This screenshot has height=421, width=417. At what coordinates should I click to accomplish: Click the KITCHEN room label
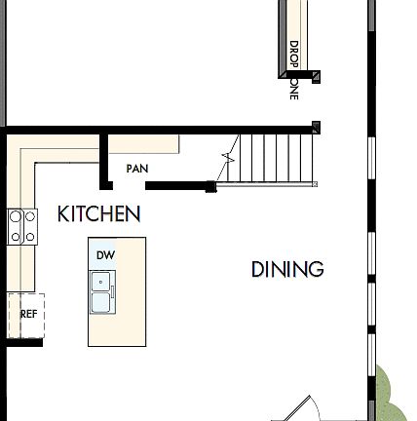pos(98,213)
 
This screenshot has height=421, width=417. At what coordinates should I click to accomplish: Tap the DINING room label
pos(287,269)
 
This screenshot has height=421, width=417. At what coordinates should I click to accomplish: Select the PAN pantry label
pos(137,169)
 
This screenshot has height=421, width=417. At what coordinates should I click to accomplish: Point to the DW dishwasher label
pos(106,255)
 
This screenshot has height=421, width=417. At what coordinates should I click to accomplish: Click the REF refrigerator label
pos(28,314)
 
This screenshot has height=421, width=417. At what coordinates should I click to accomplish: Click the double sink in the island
pos(101,292)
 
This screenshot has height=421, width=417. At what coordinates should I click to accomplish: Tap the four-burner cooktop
pos(22,226)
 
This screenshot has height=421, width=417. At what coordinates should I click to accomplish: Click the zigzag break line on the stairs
pos(230,156)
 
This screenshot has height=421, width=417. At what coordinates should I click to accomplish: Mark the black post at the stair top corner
pos(316,127)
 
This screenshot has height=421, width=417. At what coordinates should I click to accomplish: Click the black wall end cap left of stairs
pos(209,186)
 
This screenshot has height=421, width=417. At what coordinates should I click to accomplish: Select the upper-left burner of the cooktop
pos(17,216)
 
